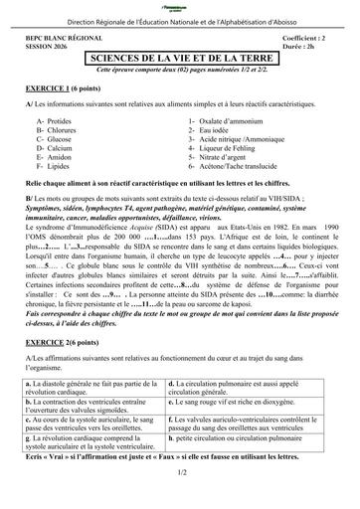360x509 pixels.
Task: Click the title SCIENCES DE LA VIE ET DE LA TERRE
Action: point(179,59)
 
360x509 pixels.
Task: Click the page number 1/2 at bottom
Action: point(180,499)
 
